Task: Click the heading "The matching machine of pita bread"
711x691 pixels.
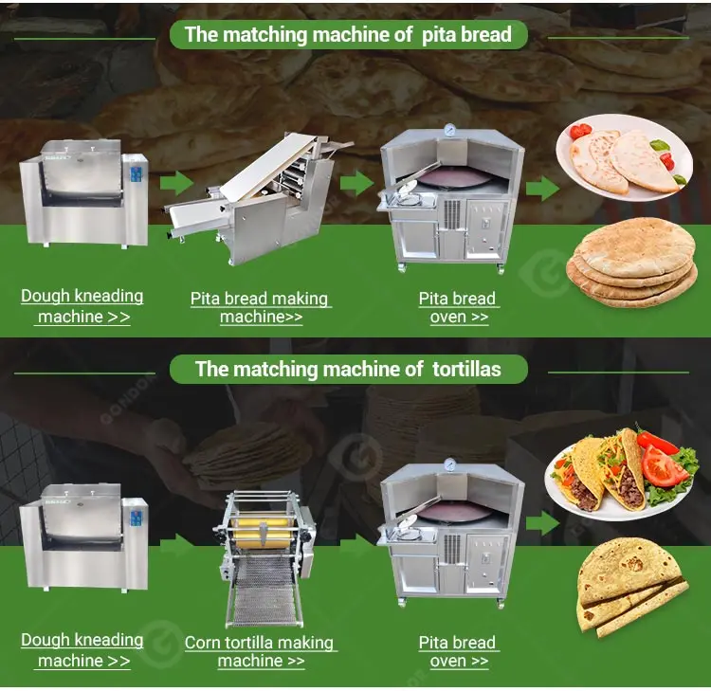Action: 348,35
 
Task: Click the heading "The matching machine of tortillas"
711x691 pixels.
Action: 348,368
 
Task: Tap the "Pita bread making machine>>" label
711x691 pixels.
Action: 260,308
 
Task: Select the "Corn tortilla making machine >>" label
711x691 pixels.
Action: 260,652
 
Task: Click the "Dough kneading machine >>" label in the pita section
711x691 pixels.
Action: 82,306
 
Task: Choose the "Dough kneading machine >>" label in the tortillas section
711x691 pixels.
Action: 82,650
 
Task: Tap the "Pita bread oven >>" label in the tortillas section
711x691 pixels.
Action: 458,652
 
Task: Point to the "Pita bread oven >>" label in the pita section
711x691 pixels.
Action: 458,308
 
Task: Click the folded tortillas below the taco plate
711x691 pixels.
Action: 630,586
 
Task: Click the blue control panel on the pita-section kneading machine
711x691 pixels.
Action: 136,174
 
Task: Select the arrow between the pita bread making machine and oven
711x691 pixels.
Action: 356,183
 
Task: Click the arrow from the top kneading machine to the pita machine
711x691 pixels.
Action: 176,183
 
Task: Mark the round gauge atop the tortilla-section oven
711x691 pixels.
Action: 450,465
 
